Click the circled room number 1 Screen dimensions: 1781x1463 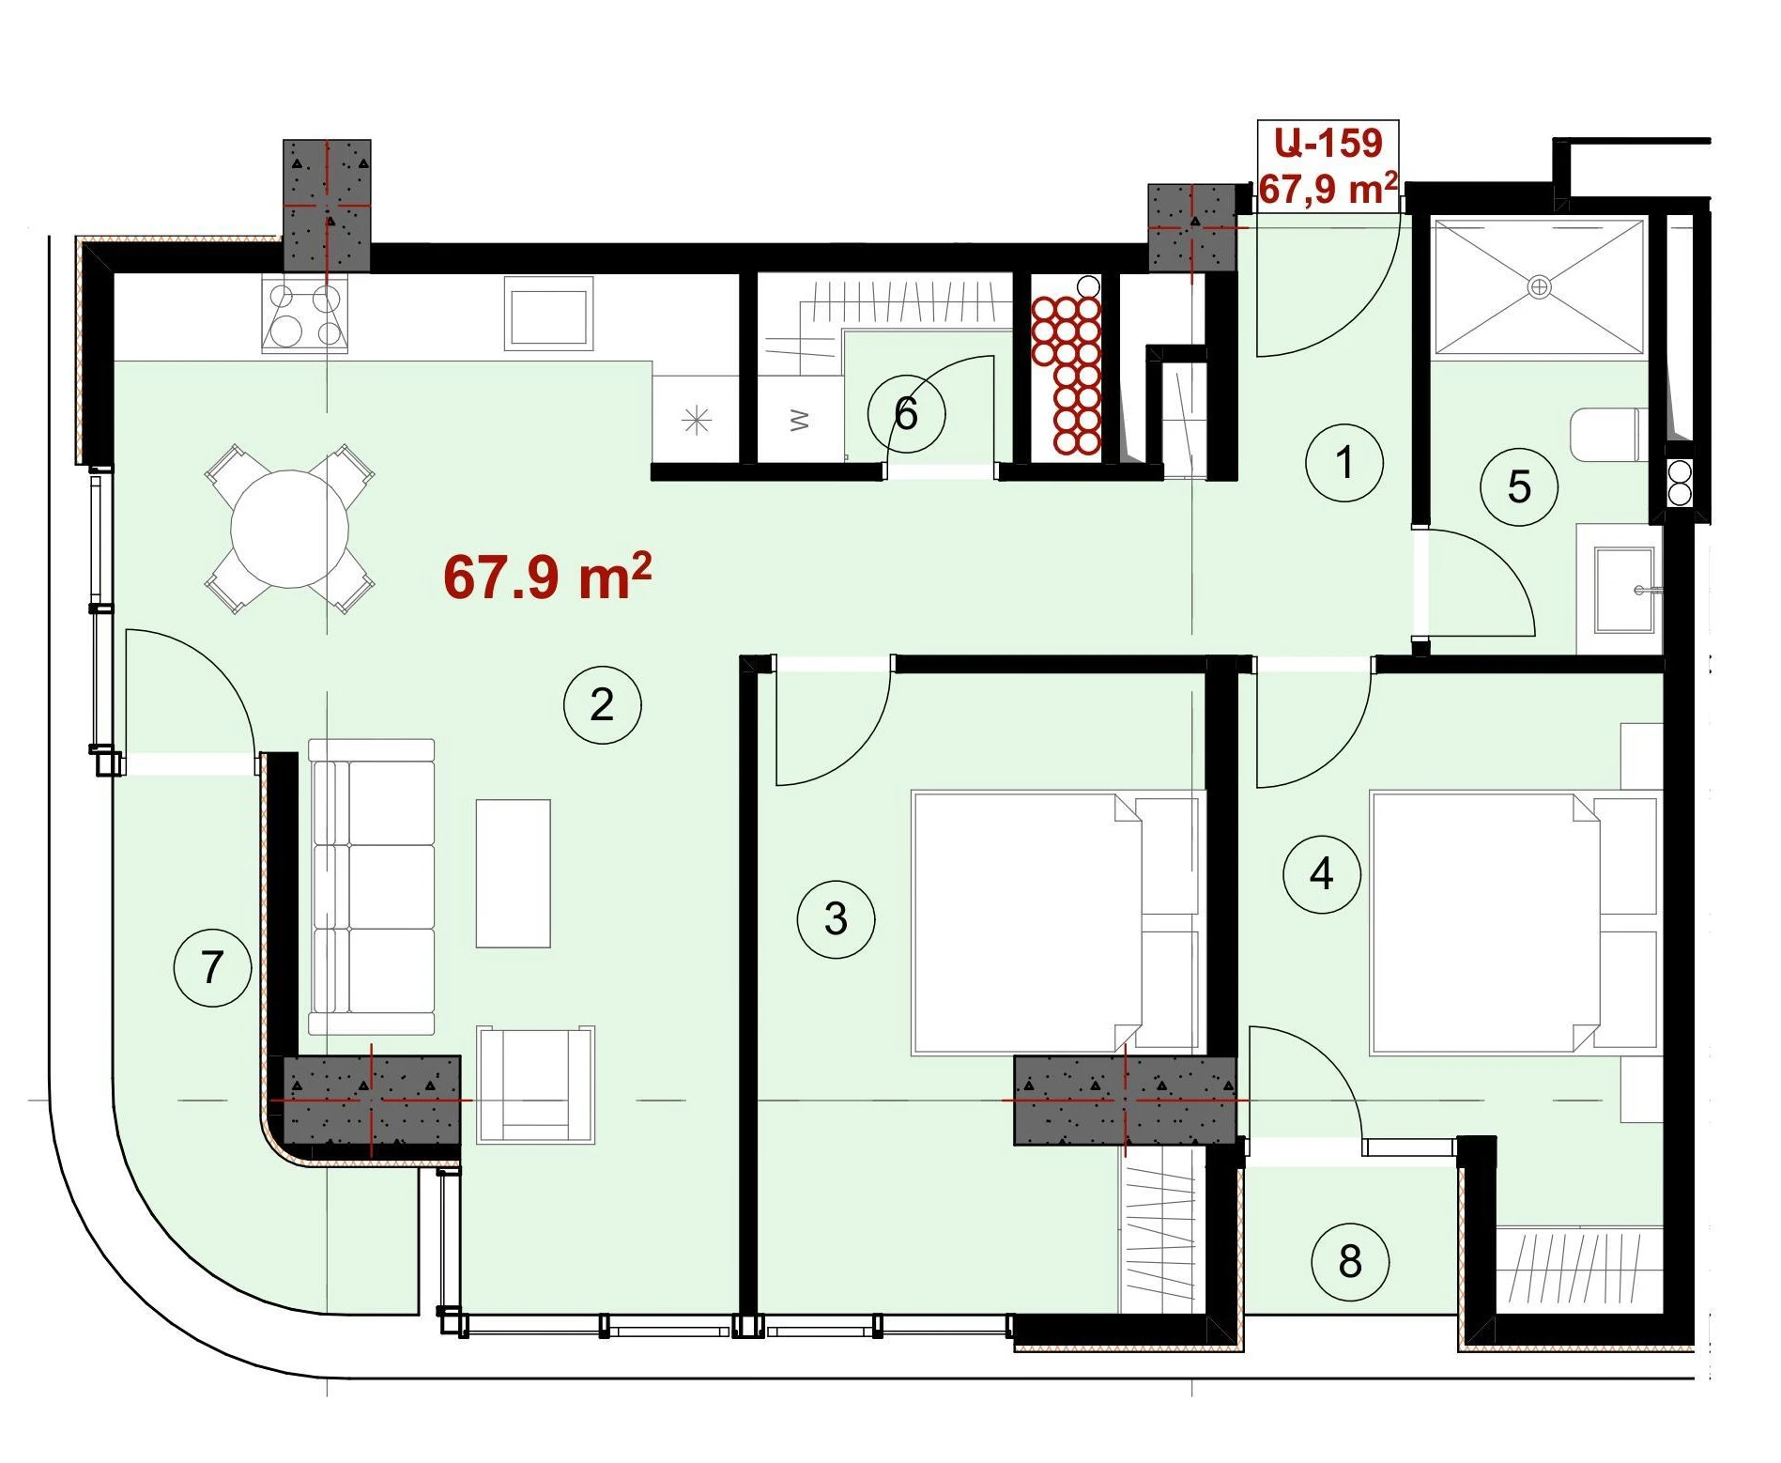[1344, 463]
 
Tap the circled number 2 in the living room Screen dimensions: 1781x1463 [602, 704]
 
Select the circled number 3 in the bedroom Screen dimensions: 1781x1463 [836, 918]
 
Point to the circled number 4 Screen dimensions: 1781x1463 [1321, 873]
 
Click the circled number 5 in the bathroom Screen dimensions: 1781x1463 [1518, 486]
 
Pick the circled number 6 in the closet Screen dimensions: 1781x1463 [906, 413]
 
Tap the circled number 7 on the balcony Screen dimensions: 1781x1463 [213, 967]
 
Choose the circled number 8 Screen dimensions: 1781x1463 [1350, 1261]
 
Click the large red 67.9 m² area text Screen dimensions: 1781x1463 [547, 577]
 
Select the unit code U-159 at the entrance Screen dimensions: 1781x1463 [1328, 143]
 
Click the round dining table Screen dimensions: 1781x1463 [290, 529]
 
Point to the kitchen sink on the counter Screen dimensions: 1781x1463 [549, 314]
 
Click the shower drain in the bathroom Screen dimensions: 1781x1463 [1540, 286]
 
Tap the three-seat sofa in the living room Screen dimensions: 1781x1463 [372, 887]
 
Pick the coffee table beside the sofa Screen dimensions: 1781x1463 [513, 873]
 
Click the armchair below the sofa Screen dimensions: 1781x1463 [535, 1085]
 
